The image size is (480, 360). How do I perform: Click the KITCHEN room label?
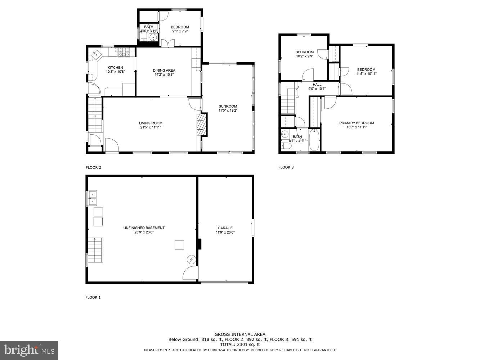click(x=115, y=67)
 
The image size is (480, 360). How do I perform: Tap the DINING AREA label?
click(x=164, y=70)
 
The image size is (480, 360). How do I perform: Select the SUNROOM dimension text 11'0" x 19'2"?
click(x=228, y=111)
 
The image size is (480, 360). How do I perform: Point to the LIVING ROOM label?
click(x=151, y=123)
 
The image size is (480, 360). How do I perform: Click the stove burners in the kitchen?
click(x=123, y=53)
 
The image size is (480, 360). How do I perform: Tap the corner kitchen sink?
click(x=97, y=55)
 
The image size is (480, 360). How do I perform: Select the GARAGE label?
click(x=225, y=228)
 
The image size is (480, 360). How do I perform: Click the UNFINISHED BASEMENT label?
click(x=144, y=228)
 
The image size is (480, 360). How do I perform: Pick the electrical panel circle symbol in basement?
click(x=191, y=259)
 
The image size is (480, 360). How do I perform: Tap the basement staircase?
click(x=95, y=250)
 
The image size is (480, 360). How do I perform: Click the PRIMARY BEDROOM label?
click(x=356, y=123)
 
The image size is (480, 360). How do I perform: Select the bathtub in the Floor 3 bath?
click(x=314, y=140)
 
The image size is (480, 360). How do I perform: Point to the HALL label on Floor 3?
click(x=317, y=85)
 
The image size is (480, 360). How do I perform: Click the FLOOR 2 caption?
click(x=93, y=167)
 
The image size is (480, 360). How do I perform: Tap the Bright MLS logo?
click(x=29, y=350)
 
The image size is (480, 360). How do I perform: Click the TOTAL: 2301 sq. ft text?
click(x=240, y=345)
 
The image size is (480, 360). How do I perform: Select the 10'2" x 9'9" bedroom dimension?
click(x=304, y=56)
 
